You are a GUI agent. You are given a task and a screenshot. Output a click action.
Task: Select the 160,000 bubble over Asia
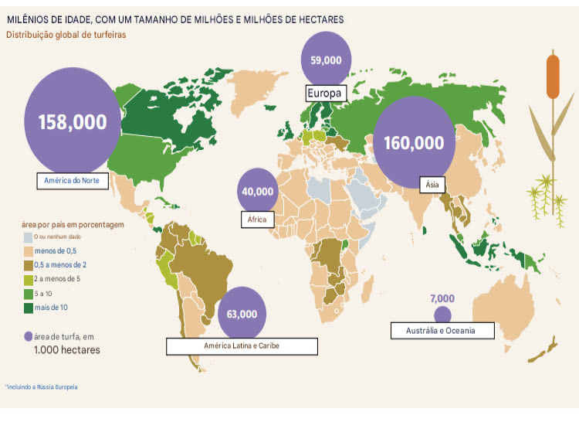click(415, 142)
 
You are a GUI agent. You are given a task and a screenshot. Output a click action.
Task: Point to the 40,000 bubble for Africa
click(258, 191)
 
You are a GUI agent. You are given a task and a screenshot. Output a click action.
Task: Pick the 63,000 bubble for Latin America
click(242, 315)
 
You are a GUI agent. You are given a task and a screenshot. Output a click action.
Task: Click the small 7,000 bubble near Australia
click(442, 314)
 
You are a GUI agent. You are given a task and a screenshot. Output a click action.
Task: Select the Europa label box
click(323, 93)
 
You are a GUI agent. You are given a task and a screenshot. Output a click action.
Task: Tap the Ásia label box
click(432, 185)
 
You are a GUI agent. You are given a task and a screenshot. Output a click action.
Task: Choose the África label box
click(256, 220)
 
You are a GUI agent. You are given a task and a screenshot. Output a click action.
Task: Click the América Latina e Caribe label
click(242, 345)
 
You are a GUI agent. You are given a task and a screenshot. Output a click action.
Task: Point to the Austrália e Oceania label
click(440, 331)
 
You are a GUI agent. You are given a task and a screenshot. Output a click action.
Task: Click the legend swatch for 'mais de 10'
click(28, 308)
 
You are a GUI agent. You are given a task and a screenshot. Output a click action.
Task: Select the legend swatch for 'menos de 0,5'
click(28, 251)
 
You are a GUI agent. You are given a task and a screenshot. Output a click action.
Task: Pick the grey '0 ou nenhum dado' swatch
click(28, 237)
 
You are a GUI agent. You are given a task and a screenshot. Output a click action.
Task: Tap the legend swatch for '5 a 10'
click(28, 294)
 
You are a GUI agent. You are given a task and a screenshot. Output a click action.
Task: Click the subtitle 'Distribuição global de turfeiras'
click(66, 35)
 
